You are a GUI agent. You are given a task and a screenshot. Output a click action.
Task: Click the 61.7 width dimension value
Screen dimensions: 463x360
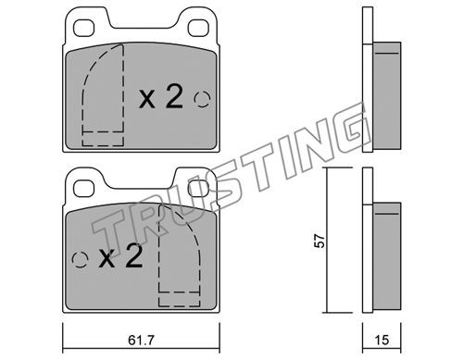(x=141, y=341)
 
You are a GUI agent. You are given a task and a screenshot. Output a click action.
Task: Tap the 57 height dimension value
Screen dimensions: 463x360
(x=319, y=241)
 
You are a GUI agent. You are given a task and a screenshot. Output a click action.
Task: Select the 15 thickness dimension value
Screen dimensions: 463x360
(x=382, y=341)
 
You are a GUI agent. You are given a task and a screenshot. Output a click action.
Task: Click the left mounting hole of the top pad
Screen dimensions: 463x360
(x=83, y=28)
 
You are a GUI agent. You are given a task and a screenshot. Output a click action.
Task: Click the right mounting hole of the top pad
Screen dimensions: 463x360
(x=198, y=28)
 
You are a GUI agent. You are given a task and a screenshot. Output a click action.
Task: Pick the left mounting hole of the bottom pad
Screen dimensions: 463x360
(x=83, y=189)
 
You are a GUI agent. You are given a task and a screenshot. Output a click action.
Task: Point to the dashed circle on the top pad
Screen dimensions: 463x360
(x=202, y=99)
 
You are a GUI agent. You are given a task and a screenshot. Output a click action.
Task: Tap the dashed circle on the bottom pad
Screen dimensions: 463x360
(x=80, y=260)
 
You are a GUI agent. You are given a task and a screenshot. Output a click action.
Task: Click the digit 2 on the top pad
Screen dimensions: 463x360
(x=174, y=96)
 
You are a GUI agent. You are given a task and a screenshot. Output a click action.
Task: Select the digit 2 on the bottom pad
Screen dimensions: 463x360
(x=134, y=255)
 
